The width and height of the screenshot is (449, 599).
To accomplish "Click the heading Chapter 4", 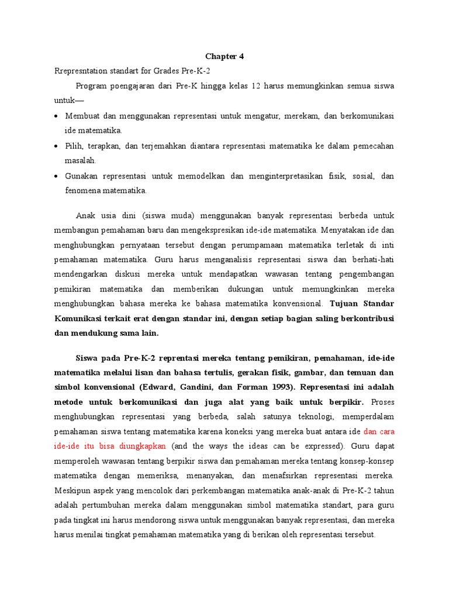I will point(224,57).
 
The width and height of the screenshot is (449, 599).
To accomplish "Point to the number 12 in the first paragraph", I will point(256,86).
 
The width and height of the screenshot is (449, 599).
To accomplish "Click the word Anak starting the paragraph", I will point(86,214).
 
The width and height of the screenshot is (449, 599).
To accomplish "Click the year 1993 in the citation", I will point(280,387).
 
